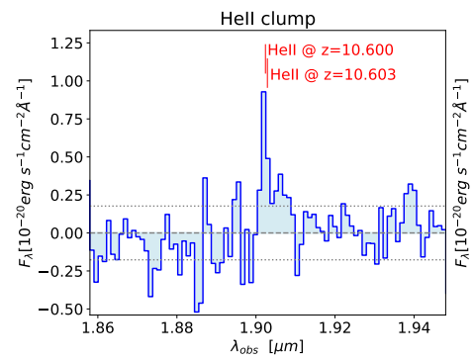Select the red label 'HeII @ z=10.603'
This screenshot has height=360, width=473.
click(x=332, y=73)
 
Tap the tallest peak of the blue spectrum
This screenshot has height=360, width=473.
click(x=263, y=93)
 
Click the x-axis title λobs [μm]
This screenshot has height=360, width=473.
click(x=267, y=348)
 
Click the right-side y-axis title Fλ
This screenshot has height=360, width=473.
click(x=461, y=172)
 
